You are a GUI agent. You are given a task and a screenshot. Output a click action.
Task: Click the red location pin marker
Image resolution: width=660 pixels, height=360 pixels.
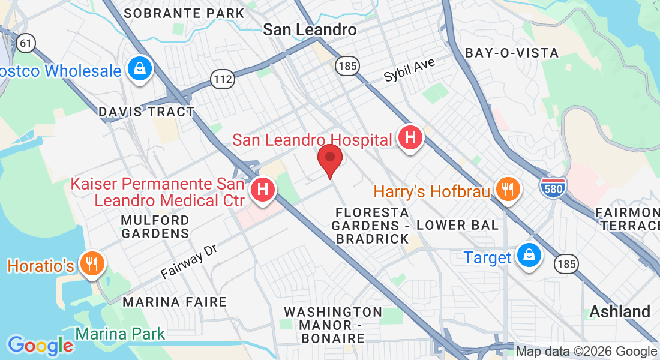click(329, 159)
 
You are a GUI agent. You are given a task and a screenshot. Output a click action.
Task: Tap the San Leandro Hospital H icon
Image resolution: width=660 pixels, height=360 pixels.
click(410, 138)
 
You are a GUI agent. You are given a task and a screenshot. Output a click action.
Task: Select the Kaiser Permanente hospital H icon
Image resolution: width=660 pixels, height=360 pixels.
click(262, 190)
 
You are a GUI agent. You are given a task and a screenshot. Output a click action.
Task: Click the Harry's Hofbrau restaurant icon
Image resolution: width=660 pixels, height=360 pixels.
click(508, 190)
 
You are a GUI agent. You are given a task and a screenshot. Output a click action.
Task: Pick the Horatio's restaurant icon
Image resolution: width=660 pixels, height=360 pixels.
click(92, 263)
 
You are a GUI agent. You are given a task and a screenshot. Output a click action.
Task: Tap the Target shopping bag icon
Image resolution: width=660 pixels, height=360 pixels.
click(529, 255)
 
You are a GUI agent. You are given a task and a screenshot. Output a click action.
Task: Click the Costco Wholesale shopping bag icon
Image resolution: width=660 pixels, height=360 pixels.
click(140, 69)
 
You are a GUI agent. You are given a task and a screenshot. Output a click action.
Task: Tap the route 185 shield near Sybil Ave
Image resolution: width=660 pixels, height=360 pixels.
click(347, 65)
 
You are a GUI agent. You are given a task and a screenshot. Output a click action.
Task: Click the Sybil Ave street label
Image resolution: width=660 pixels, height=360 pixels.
click(410, 70)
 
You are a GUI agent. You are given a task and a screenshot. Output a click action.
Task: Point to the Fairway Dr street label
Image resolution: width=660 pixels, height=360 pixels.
click(188, 262)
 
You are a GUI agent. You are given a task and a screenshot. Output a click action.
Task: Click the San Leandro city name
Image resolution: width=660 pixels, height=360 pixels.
click(310, 29)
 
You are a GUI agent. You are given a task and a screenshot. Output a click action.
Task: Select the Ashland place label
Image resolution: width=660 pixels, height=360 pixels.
click(620, 311)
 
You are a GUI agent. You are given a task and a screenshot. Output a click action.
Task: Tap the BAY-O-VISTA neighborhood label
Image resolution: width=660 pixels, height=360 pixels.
click(512, 53)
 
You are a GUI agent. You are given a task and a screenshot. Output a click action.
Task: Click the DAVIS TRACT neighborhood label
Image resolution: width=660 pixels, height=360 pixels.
click(146, 112)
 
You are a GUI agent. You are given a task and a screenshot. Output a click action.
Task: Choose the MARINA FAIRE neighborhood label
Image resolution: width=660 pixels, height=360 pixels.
click(175, 302)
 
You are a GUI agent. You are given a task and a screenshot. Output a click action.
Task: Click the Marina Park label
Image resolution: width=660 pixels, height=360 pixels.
click(120, 334)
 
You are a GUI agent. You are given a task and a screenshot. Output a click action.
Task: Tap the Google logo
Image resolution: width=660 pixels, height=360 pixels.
click(40, 345)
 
